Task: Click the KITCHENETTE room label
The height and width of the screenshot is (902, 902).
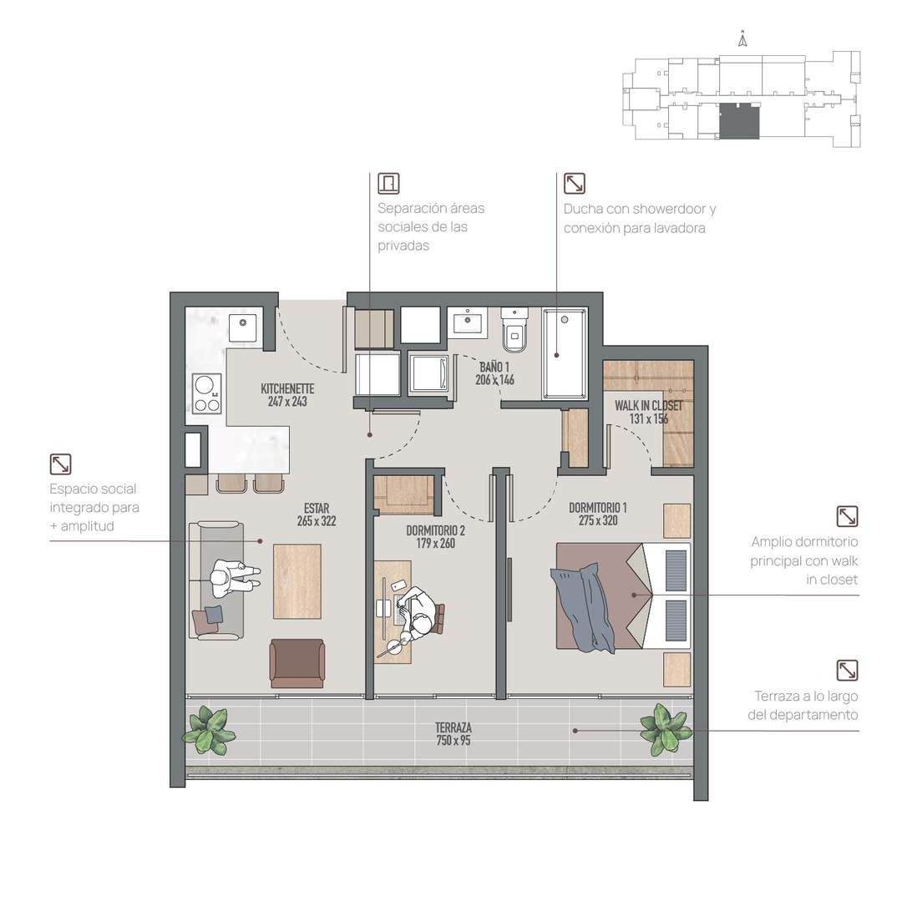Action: coord(287,388)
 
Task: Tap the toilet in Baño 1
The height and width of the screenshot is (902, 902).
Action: coord(514,329)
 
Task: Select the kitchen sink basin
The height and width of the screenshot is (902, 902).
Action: coord(243,328)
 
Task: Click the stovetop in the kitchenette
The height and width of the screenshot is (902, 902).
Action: coord(207,393)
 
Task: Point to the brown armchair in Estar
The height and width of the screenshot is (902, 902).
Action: coord(296,663)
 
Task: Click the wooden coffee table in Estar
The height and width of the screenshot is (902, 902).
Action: coord(296,581)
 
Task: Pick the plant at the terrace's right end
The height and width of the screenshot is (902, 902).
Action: coord(666,729)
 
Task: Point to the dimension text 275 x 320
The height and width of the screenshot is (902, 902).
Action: coord(598,520)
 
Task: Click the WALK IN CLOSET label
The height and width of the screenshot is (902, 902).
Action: coord(649,406)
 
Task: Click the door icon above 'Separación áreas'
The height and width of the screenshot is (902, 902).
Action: coord(388,184)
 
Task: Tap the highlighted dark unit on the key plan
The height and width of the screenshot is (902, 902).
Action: coord(739,121)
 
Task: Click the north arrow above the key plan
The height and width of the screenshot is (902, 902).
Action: coord(742,39)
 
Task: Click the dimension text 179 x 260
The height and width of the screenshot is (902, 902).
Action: coord(435,543)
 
